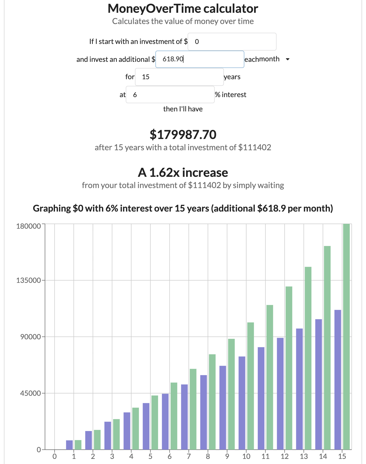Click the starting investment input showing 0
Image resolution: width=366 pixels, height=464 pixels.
(232, 42)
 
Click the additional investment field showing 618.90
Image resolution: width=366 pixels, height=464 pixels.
(199, 59)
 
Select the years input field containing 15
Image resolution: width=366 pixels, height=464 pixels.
(179, 77)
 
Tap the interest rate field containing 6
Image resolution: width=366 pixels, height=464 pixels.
(170, 95)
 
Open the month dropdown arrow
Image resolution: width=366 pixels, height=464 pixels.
(288, 59)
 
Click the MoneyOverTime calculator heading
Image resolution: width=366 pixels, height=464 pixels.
(183, 9)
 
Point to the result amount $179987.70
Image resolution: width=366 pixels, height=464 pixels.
(183, 135)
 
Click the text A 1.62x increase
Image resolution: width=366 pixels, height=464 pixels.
(183, 172)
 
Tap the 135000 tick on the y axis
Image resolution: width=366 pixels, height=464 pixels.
(29, 280)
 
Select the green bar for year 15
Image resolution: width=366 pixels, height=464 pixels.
(346, 337)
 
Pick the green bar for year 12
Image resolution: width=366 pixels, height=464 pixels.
(289, 368)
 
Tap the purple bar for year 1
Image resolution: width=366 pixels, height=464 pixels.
(69, 445)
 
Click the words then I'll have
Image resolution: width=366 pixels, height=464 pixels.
(183, 109)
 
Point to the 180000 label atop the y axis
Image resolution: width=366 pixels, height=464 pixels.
(29, 226)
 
